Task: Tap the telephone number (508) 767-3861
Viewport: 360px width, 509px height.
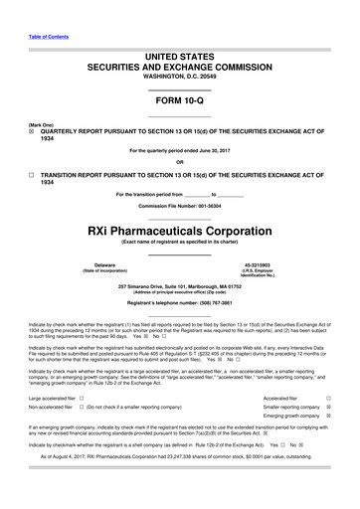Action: [x=217, y=300]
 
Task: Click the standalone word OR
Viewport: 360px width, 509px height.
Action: [x=179, y=163]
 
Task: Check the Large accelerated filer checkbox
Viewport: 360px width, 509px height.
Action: [x=82, y=398]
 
